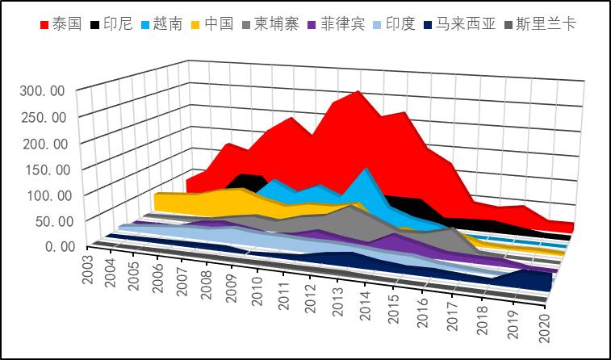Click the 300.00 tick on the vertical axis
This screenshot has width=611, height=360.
44,90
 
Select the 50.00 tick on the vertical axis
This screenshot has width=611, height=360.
48,220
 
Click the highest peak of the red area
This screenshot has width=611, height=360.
358,92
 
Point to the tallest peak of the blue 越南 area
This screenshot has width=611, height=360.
367,169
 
